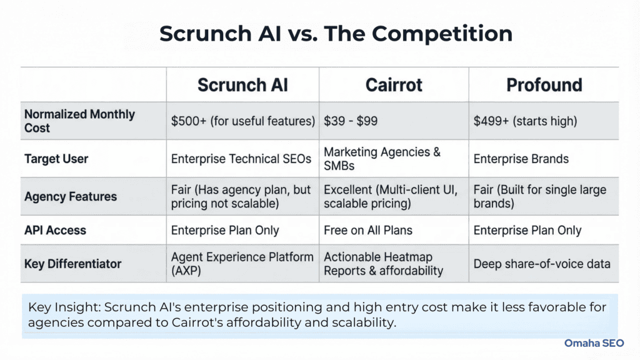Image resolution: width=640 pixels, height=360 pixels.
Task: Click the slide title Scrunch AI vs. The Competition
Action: (x=336, y=33)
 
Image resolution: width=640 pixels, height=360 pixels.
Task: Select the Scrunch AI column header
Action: (x=242, y=85)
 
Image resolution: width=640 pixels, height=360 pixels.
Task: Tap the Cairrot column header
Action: (x=394, y=85)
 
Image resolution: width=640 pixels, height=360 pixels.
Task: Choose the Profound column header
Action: (x=544, y=85)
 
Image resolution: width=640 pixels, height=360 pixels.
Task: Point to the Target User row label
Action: (x=56, y=159)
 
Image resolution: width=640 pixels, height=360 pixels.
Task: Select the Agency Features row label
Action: (x=71, y=196)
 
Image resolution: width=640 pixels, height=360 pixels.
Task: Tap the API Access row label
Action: (x=55, y=230)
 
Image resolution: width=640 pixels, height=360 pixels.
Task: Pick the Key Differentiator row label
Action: (x=72, y=264)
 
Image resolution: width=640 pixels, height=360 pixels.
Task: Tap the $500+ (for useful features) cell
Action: (x=242, y=121)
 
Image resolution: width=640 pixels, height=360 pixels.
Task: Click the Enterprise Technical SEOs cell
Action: (x=241, y=159)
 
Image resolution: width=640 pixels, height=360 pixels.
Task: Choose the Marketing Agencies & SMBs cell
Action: (x=382, y=159)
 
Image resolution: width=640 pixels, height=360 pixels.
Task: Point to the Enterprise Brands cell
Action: (x=521, y=159)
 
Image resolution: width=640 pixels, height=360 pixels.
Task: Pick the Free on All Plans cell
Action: (x=368, y=230)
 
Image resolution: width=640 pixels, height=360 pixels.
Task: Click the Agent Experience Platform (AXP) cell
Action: (x=242, y=264)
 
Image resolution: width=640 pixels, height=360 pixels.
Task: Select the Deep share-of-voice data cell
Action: (x=542, y=264)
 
